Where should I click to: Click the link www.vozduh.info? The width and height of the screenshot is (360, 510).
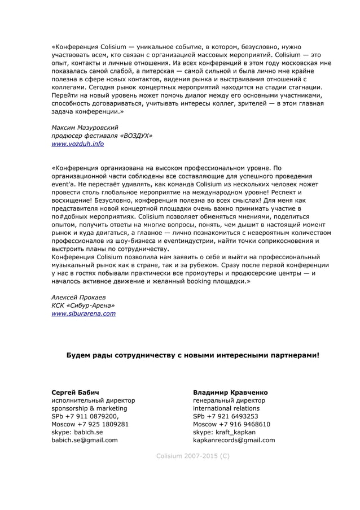click(77, 144)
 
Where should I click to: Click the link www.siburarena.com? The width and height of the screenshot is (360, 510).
click(84, 313)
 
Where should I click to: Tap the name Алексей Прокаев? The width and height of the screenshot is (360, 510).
click(78, 297)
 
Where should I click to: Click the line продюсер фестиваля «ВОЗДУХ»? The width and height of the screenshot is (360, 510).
click(102, 136)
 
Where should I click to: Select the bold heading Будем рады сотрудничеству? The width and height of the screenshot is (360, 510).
click(192, 355)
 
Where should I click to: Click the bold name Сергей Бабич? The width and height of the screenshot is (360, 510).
click(75, 392)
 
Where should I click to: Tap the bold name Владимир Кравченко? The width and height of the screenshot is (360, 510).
click(230, 392)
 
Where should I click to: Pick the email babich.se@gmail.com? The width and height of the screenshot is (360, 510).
click(84, 440)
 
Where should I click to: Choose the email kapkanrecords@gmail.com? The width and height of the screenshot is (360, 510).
click(234, 440)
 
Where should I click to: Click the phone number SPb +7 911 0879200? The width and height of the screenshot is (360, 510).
click(85, 416)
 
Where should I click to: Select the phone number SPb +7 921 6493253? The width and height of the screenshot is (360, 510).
click(225, 416)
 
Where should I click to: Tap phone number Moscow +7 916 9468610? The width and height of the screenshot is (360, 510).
click(231, 424)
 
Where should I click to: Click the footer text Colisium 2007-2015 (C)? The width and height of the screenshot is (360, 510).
click(192, 455)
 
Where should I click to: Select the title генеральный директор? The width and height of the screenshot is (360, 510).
click(229, 400)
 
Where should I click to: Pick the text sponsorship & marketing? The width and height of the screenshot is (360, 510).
click(89, 408)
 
